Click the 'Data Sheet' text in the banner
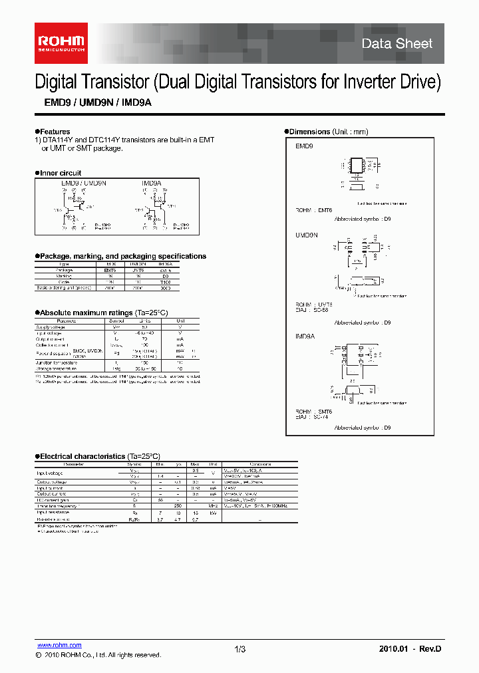point(397,44)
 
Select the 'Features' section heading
point(55,132)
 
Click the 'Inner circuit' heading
point(61,173)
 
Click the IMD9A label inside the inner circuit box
point(151,182)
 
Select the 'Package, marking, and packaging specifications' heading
point(123,256)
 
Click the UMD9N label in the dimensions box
point(307,235)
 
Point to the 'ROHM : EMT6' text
point(313,210)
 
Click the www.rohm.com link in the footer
point(59,645)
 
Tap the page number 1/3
point(240,649)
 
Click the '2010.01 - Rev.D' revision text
point(410,649)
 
